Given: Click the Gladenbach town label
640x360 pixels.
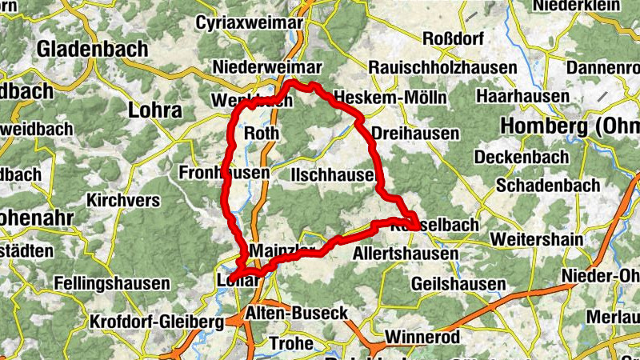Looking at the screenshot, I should (92, 48).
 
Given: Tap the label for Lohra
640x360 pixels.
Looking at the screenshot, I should (155, 110).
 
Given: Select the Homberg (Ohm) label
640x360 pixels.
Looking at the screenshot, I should (569, 126).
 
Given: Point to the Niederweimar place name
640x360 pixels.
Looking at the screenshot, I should (267, 67).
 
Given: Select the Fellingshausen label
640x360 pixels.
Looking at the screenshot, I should (112, 283).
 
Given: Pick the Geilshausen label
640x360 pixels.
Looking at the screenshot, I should (458, 284).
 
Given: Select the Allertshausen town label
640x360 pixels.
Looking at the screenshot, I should (406, 254).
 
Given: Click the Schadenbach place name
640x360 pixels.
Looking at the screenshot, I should (548, 184).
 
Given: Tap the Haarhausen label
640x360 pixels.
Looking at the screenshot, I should (522, 96).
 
